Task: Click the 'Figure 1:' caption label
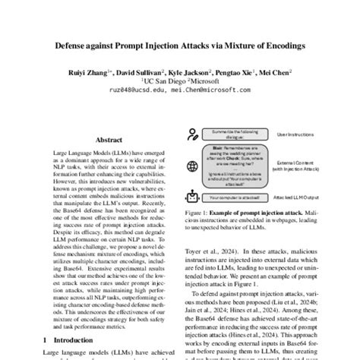[x=198, y=216]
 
